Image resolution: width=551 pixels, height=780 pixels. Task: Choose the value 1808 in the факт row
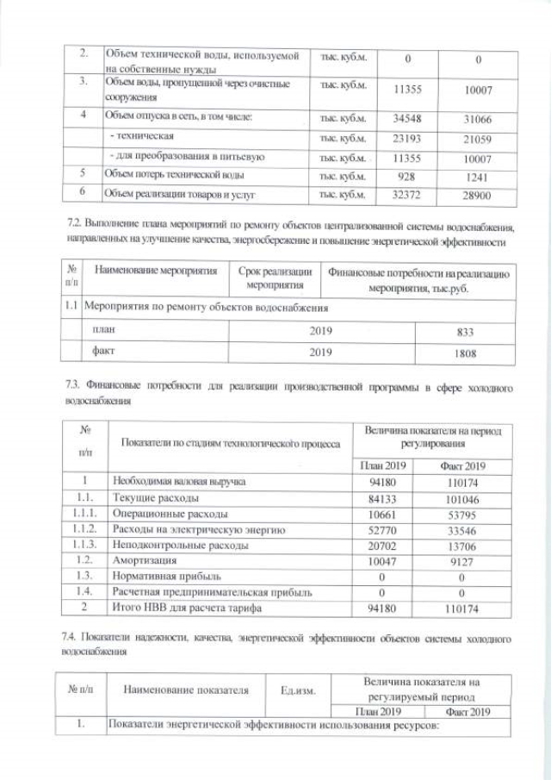click(464, 353)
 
